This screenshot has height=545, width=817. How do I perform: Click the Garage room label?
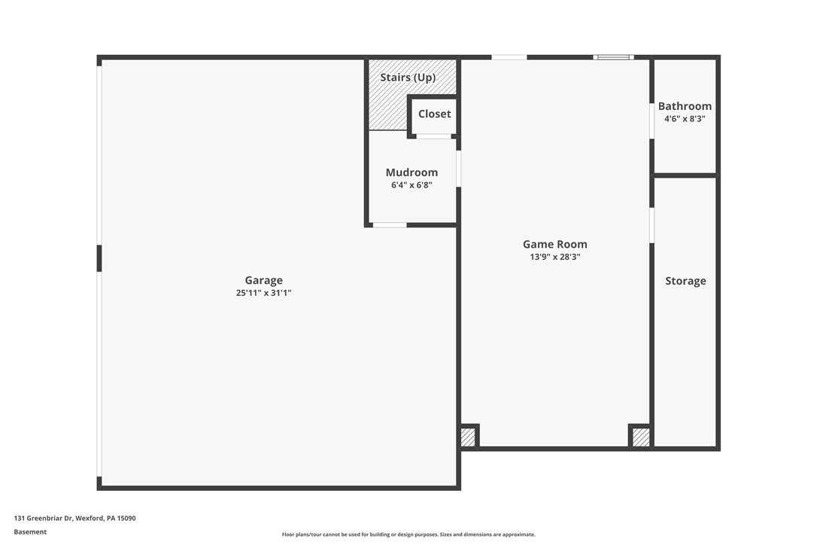tap(263, 281)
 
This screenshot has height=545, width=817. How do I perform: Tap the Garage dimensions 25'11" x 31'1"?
tap(263, 293)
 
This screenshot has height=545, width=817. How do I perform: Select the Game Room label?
tap(554, 244)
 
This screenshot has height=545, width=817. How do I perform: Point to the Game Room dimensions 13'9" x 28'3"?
tap(554, 257)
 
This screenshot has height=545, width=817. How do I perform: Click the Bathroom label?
tap(685, 106)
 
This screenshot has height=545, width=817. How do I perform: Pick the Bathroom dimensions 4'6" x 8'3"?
tap(685, 119)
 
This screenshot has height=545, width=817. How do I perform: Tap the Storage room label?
tap(685, 281)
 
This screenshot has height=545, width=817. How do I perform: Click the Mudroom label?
tap(412, 172)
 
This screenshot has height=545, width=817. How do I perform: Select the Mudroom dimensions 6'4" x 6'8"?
tap(412, 185)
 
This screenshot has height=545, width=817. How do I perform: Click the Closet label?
tap(435, 114)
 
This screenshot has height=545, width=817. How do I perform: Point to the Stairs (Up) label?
tap(408, 78)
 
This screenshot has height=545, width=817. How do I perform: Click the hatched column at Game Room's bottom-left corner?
tap(468, 437)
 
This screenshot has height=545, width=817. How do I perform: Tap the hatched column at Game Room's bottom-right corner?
tap(640, 437)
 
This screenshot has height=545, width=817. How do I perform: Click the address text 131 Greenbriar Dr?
tap(74, 518)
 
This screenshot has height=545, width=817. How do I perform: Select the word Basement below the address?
tap(30, 531)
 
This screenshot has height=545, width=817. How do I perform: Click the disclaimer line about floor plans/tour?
tap(408, 534)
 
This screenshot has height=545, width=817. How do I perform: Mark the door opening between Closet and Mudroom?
tap(434, 136)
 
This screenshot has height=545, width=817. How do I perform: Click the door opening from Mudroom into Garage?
tap(390, 224)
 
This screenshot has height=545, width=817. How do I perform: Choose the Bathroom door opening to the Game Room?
tap(651, 120)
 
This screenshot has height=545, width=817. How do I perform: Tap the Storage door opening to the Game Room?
tap(651, 224)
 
